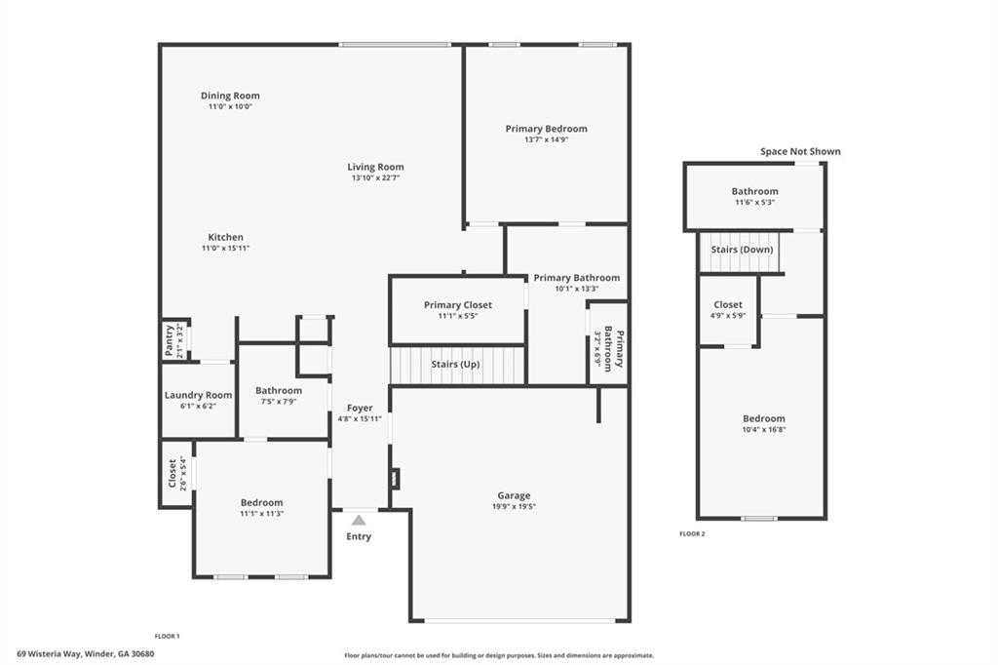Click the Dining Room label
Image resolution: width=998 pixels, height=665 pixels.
[x=230, y=96]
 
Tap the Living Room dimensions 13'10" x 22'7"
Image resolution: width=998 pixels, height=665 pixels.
[x=375, y=177]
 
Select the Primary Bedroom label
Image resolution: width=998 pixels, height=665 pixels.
[x=546, y=129]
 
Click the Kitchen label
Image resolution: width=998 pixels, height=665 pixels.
[x=225, y=237]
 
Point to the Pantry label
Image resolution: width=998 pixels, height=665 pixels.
[x=170, y=339]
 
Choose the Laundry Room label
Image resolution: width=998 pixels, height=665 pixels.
[x=198, y=395]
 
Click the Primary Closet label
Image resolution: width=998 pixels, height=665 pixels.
[x=458, y=305]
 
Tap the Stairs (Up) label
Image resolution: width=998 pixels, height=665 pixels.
[x=456, y=365]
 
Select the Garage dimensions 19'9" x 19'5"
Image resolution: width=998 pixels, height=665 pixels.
[x=514, y=506]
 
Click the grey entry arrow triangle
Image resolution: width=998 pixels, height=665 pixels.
[x=359, y=520]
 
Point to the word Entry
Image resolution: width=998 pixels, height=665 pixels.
[x=359, y=536]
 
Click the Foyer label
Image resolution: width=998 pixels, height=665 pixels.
[x=360, y=408]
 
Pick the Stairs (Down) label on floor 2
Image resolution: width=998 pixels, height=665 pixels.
[x=742, y=249]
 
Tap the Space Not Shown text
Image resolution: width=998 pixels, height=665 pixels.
[x=800, y=151]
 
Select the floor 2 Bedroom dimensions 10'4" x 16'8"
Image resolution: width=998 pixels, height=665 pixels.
[x=764, y=429]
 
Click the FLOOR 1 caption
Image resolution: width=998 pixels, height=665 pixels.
[x=168, y=636]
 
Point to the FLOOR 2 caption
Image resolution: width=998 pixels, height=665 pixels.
[x=692, y=533]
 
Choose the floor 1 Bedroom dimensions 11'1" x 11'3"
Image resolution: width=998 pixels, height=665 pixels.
[x=261, y=514]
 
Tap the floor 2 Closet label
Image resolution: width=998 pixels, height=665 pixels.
[x=727, y=304]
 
